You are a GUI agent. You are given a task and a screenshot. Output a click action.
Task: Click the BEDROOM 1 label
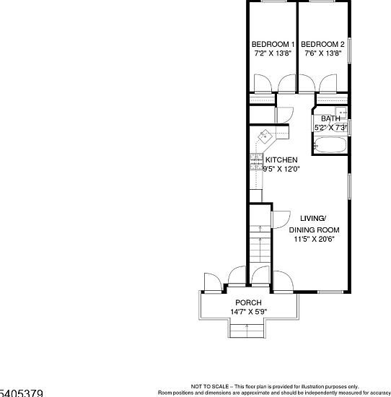click(273, 44)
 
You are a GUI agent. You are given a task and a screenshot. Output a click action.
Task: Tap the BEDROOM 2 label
click(322, 44)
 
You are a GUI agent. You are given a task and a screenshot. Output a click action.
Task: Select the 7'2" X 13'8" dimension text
click(273, 53)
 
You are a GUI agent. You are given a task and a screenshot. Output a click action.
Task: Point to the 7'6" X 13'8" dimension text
click(323, 53)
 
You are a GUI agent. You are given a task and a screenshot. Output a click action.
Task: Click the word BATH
click(330, 118)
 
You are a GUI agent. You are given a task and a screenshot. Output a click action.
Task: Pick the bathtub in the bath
click(331, 144)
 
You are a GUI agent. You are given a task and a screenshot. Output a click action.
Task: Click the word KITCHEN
click(281, 160)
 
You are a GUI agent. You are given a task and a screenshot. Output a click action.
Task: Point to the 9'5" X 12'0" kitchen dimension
click(281, 169)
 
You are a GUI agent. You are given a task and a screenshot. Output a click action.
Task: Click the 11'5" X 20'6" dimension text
click(314, 240)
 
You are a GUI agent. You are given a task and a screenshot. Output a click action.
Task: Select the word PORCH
click(248, 302)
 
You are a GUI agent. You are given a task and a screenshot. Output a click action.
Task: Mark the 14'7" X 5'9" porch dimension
click(248, 312)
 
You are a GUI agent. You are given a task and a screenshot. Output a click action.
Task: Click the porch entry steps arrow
click(248, 328)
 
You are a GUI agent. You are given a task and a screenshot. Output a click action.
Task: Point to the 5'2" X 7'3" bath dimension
click(331, 128)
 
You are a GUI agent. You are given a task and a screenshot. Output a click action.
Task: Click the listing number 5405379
click(22, 393)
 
